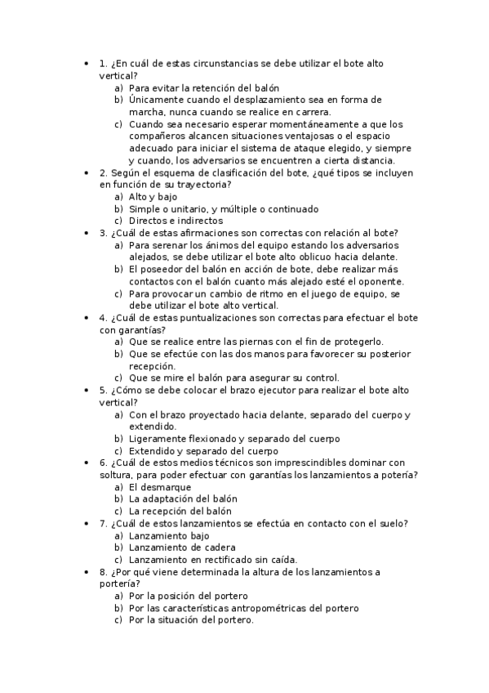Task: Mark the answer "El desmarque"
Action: click(x=160, y=487)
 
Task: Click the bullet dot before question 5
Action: click(x=86, y=390)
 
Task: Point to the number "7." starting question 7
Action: click(x=103, y=523)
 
